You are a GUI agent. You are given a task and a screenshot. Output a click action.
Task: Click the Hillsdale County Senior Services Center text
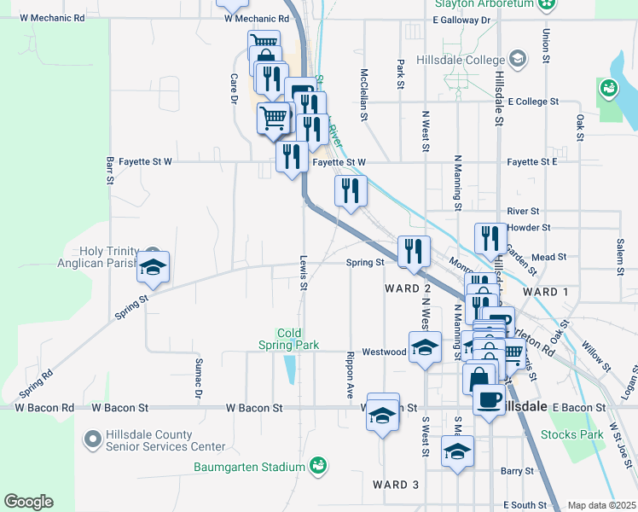(x=165, y=440)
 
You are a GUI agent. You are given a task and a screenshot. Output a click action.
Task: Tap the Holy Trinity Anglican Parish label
(x=108, y=257)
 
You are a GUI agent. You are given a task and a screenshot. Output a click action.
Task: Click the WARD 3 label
(x=396, y=485)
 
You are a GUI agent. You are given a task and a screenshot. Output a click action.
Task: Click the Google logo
(x=28, y=502)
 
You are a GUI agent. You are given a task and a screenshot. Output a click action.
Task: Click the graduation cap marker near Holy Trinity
(x=154, y=267)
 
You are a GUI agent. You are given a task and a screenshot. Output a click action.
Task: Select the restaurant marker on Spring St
(x=414, y=251)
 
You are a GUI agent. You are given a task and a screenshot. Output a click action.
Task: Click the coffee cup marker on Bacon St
(x=489, y=399)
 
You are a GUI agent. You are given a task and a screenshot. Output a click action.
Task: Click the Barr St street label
(x=110, y=170)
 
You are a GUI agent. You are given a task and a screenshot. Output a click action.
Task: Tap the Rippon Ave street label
(x=350, y=374)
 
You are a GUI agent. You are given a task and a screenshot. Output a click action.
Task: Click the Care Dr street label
(x=233, y=88)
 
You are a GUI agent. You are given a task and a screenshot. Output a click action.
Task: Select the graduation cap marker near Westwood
(x=425, y=347)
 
